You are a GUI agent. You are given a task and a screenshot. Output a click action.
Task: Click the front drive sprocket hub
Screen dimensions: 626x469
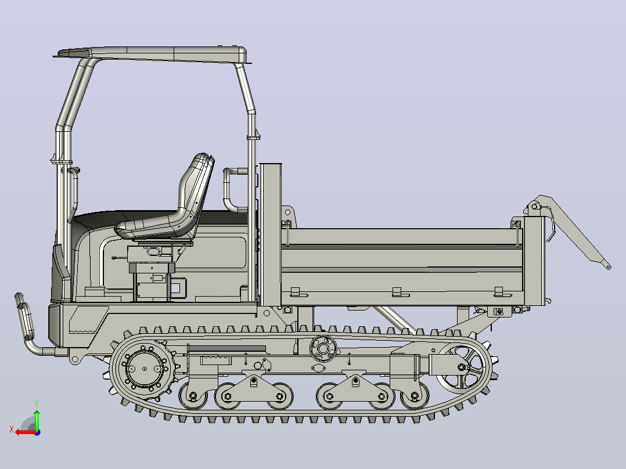point(145,369)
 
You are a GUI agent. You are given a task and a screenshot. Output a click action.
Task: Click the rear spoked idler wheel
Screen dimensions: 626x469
point(462,367)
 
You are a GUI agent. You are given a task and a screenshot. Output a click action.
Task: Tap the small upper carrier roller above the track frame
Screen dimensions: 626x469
point(323,348)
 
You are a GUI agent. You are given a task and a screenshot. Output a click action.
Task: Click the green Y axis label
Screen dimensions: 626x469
point(37,404)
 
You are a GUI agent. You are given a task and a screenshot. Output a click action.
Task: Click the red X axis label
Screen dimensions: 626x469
point(12,429)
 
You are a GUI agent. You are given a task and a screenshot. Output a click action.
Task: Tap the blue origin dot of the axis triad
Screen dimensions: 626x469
point(37,432)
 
